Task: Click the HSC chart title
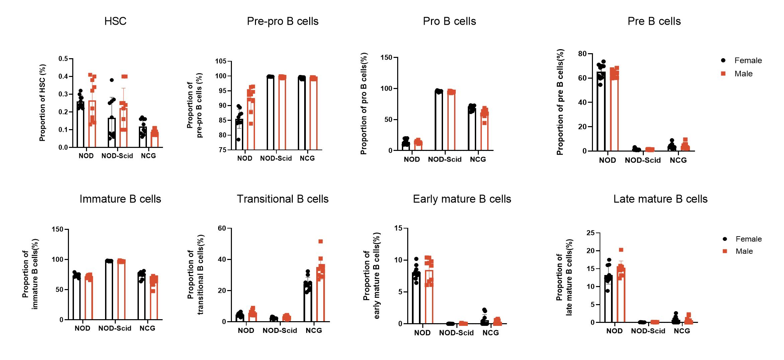[x=115, y=21]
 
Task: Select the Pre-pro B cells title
[x=282, y=21]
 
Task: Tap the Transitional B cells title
[x=282, y=199]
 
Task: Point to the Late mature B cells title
[x=660, y=199]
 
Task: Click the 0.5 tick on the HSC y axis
[x=63, y=59]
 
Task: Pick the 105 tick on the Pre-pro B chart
[x=221, y=61]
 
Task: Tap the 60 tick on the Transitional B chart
[x=222, y=229]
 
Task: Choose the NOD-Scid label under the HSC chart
[x=117, y=156]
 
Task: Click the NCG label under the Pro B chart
[x=477, y=160]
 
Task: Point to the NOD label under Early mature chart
[x=422, y=333]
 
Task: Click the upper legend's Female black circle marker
[x=723, y=61]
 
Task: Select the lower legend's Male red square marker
[x=725, y=251]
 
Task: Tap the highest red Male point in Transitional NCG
[x=321, y=242]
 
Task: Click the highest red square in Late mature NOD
[x=621, y=250]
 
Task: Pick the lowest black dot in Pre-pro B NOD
[x=238, y=140]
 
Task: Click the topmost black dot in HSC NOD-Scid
[x=112, y=80]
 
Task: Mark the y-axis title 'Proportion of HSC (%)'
[x=42, y=103]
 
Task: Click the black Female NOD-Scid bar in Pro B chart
[x=439, y=120]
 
